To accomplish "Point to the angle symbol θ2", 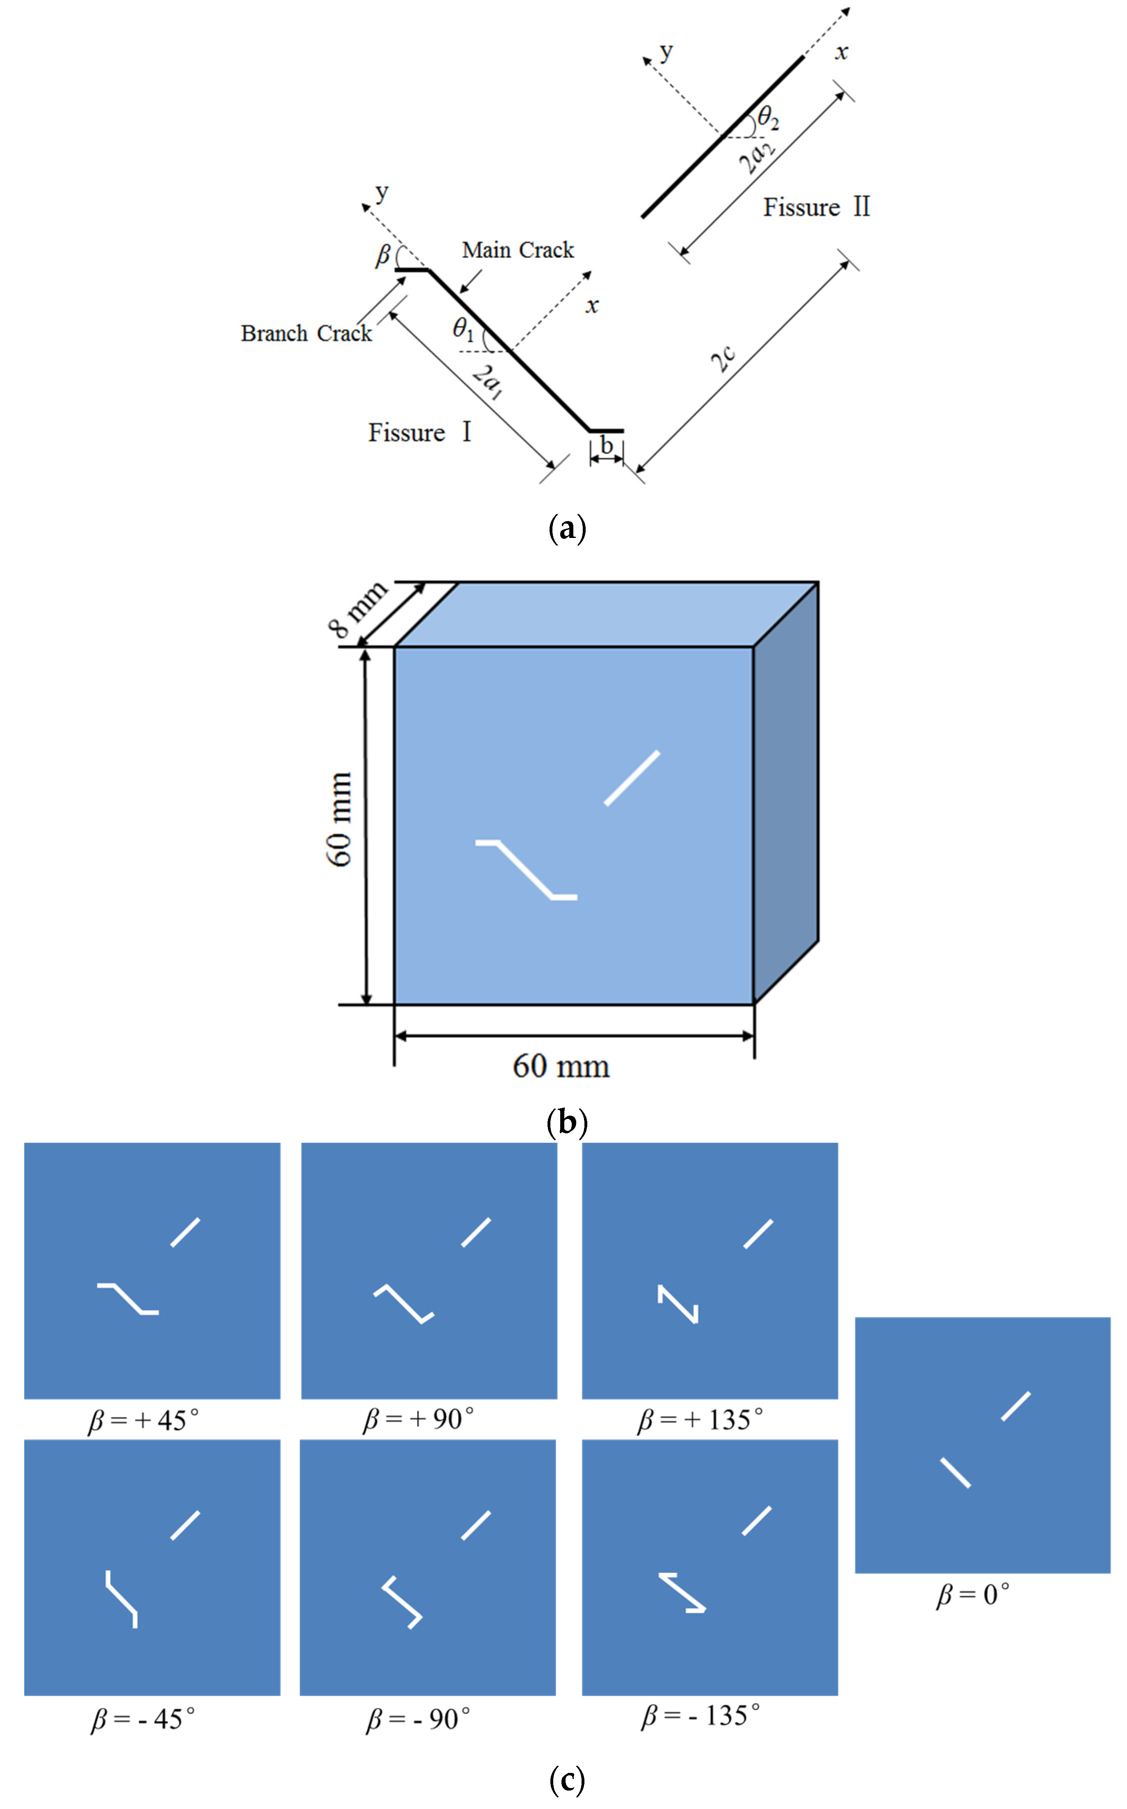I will tap(768, 118).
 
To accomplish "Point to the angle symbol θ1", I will tap(463, 328).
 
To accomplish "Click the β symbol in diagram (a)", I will tap(382, 255).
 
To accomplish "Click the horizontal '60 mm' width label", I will tap(561, 1066).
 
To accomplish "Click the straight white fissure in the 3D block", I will tap(631, 778).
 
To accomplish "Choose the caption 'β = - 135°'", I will tap(700, 1716).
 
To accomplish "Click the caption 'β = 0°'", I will tap(973, 1595).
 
